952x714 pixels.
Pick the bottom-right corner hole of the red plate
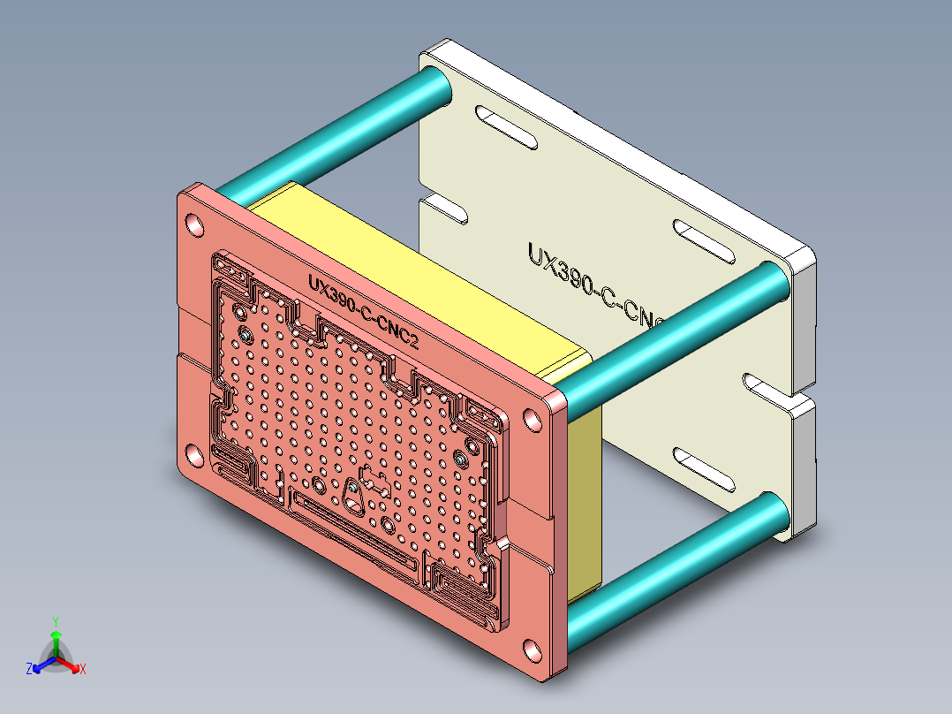coord(533,651)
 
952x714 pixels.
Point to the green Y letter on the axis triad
coord(55,621)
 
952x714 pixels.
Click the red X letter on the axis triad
coord(82,670)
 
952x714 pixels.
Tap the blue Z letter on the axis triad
coord(29,670)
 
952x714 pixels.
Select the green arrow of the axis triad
coord(55,641)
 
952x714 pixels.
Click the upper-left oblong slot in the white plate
coord(506,126)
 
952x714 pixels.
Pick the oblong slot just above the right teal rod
coord(704,241)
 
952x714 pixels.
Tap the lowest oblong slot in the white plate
coord(704,469)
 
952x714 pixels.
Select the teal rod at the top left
coord(336,133)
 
